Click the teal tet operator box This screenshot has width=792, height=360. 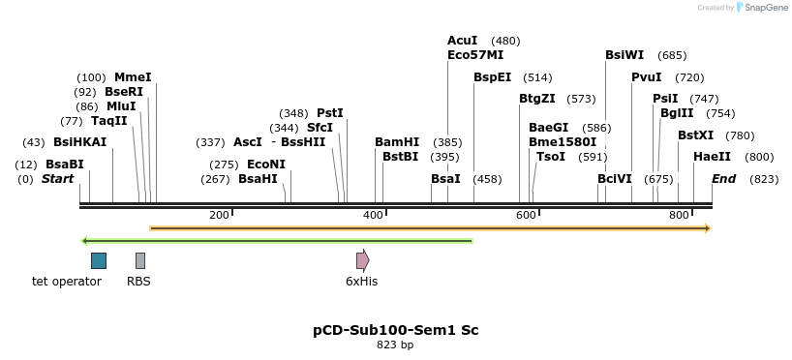99,260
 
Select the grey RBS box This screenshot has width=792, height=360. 140,260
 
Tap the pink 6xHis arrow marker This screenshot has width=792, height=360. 362,260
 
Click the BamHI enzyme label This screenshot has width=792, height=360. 397,141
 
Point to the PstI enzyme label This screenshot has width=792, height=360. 330,113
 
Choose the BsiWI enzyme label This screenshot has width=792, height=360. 624,55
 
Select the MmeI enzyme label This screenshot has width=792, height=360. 133,77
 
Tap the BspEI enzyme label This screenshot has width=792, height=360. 492,77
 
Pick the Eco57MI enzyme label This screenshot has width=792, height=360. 475,55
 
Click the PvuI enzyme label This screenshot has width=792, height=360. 647,77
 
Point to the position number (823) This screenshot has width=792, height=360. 764,179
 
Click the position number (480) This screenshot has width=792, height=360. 505,41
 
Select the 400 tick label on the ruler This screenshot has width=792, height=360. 373,214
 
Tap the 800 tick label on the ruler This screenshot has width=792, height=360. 678,214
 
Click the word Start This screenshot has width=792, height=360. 57,179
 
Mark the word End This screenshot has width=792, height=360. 723,179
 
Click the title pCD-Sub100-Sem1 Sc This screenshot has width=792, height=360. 395,330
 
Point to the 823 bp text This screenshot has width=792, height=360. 395,345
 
